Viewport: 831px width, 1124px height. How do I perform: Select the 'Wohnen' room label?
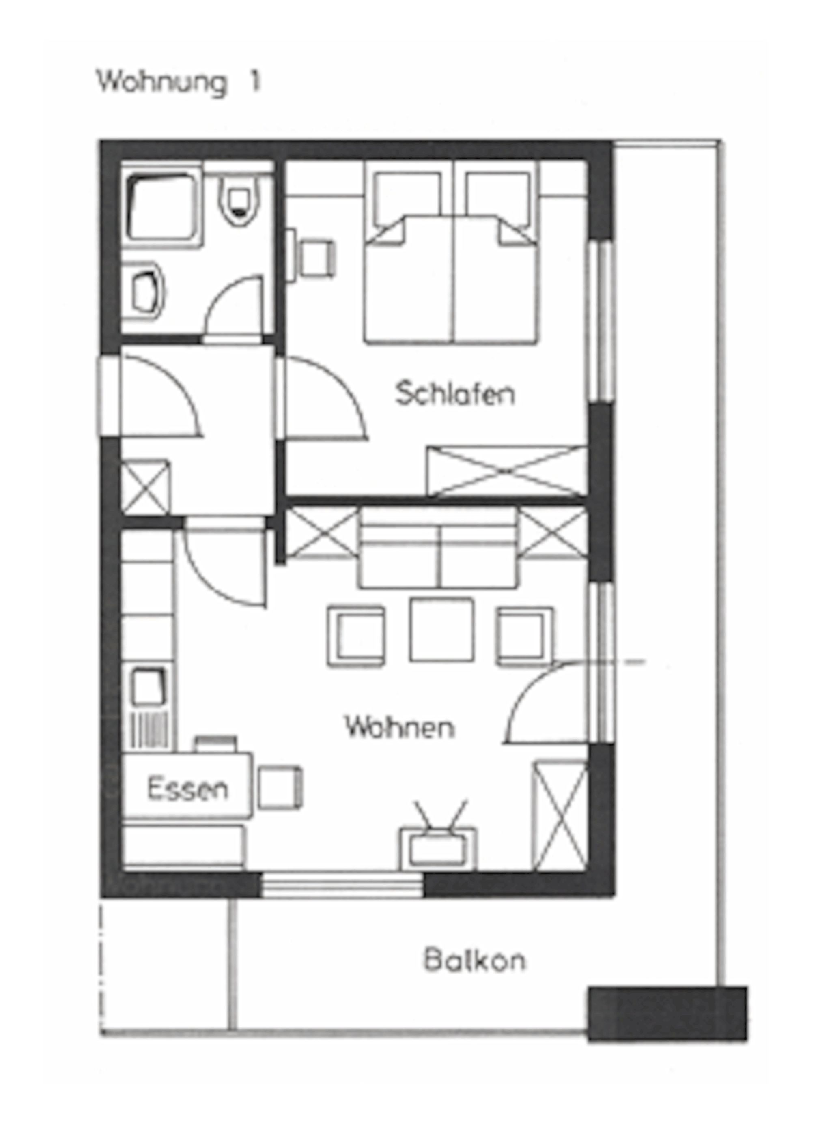400,727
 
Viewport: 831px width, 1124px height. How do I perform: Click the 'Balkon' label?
474,960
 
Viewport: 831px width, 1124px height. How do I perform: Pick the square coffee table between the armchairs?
441,629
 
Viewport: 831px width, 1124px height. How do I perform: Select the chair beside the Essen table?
280,788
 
